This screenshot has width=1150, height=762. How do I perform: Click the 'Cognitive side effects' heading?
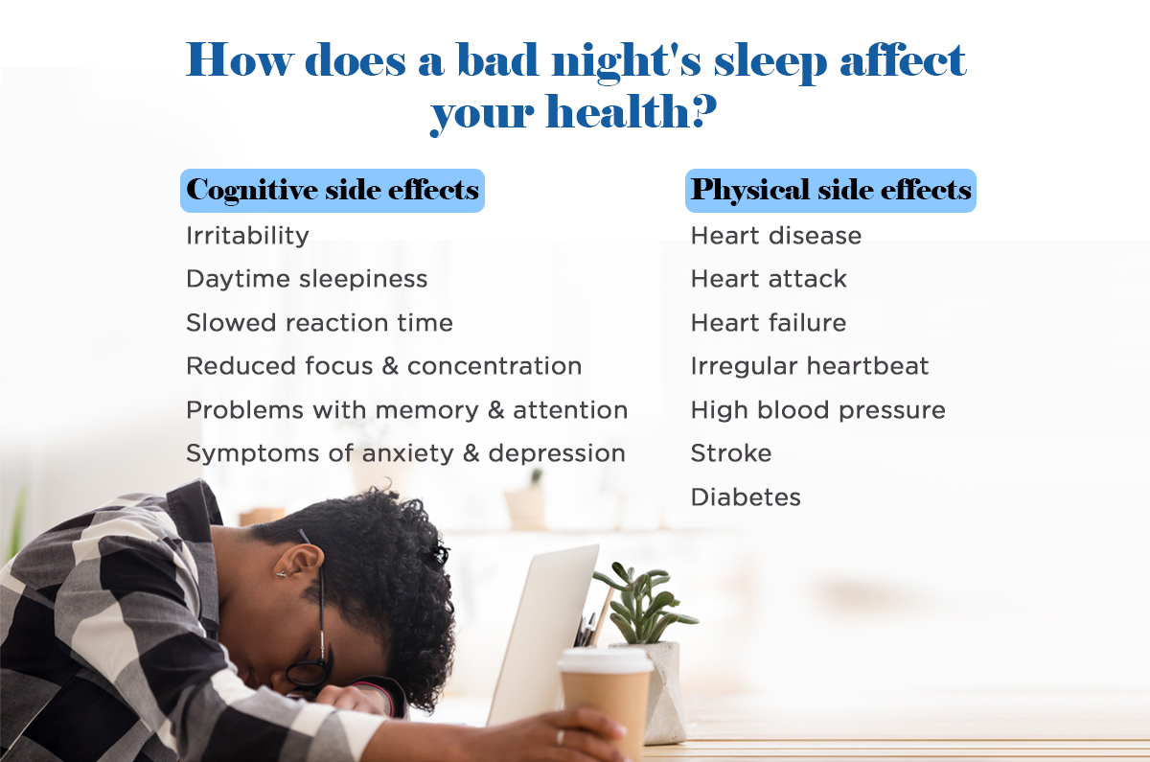click(x=333, y=191)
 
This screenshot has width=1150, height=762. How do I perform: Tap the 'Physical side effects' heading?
click(x=831, y=191)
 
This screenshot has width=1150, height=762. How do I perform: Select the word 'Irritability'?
click(x=247, y=236)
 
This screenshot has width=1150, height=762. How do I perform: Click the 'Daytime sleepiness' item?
click(x=307, y=280)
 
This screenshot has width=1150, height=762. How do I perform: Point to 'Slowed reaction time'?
click(x=319, y=323)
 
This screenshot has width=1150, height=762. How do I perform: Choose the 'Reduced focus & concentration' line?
click(x=384, y=366)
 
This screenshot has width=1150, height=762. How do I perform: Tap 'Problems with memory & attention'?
click(x=407, y=410)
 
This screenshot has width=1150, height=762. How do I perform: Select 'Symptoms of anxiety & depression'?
click(x=406, y=454)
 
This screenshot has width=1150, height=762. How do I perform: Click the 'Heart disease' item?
click(x=776, y=236)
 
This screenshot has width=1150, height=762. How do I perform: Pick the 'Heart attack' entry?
click(x=769, y=279)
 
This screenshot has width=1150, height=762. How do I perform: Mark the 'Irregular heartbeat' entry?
click(x=810, y=366)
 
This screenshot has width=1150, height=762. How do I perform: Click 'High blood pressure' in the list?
click(x=818, y=410)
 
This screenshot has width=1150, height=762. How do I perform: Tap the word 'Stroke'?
click(x=731, y=453)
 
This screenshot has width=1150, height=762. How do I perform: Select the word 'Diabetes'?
click(x=746, y=497)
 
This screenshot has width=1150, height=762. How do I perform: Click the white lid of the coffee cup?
click(x=606, y=659)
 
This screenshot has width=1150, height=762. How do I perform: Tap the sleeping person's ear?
click(x=299, y=565)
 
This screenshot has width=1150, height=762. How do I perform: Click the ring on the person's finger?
click(x=560, y=737)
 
